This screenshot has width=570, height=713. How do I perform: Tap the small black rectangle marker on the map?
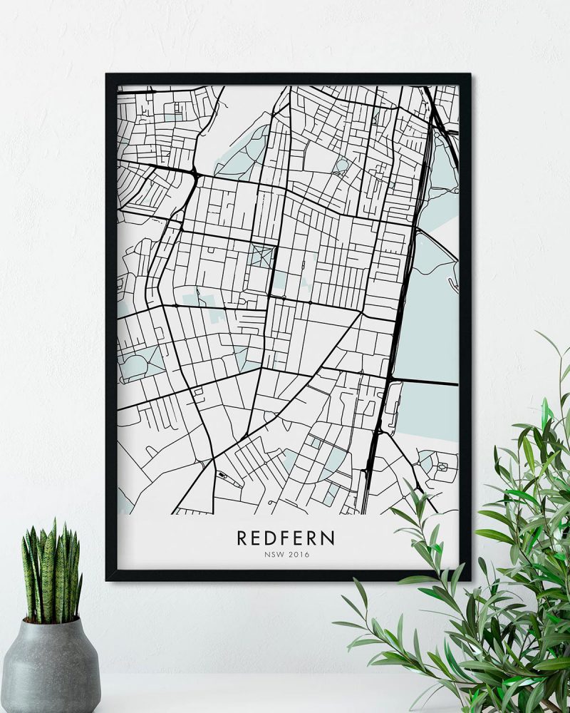[222, 474]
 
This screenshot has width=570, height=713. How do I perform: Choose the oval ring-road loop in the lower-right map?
[442, 467]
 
